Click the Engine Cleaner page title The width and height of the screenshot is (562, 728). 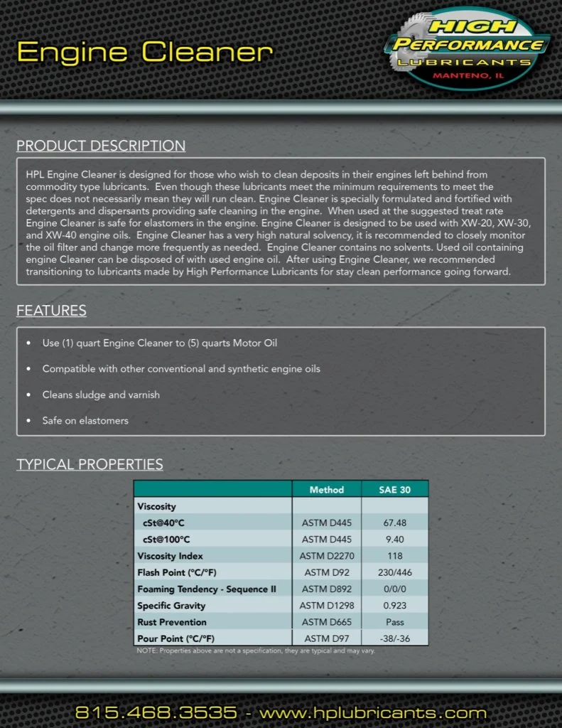click(144, 52)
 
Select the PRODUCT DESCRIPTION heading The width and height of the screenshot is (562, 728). click(101, 146)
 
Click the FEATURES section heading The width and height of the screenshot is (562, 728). click(51, 311)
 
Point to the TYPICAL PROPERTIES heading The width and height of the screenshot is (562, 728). click(90, 465)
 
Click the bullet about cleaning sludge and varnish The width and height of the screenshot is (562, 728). click(101, 395)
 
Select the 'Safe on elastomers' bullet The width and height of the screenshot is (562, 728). click(85, 420)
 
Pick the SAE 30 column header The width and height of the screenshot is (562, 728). click(395, 490)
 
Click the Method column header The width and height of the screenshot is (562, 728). click(326, 490)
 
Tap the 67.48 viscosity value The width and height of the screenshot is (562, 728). click(395, 523)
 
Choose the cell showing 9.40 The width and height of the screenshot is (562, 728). click(395, 539)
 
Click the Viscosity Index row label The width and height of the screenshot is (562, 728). click(171, 556)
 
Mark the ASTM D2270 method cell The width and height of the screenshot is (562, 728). click(326, 556)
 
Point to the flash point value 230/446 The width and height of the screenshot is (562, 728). click(395, 572)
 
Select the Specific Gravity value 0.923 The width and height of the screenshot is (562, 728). click(395, 606)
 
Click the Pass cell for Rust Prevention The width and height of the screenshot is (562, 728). click(395, 622)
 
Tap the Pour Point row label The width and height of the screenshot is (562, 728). click(176, 638)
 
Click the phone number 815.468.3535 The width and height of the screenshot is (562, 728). click(156, 712)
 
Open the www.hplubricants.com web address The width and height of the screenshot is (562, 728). click(373, 712)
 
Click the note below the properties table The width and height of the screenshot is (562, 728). click(256, 651)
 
